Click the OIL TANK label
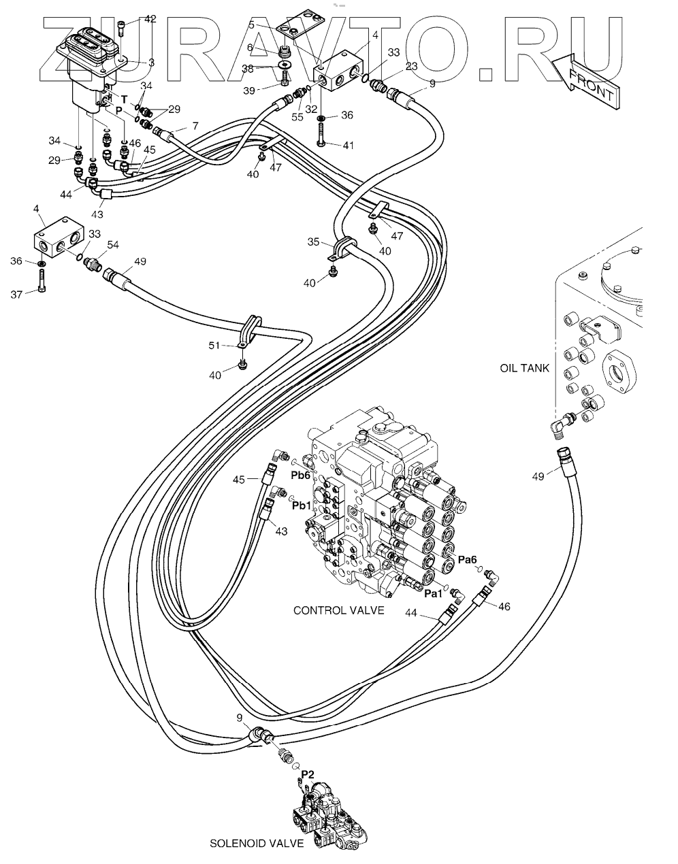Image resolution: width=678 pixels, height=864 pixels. pyautogui.click(x=524, y=369)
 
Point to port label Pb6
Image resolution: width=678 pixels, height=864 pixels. pyautogui.click(x=301, y=475)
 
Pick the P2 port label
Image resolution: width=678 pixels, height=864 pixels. pyautogui.click(x=308, y=774)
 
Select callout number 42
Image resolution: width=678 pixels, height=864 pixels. pyautogui.click(x=150, y=19)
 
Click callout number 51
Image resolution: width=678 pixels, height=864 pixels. pyautogui.click(x=215, y=346)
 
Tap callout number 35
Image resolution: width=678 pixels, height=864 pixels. pyautogui.click(x=313, y=242)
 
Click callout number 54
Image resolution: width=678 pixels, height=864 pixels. pyautogui.click(x=112, y=245)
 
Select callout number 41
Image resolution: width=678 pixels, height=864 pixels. pyautogui.click(x=348, y=145)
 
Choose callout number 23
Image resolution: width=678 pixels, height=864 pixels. pyautogui.click(x=411, y=66)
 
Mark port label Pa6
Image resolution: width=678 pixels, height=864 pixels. pyautogui.click(x=467, y=559)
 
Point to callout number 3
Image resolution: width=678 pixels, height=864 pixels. pyautogui.click(x=151, y=62)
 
